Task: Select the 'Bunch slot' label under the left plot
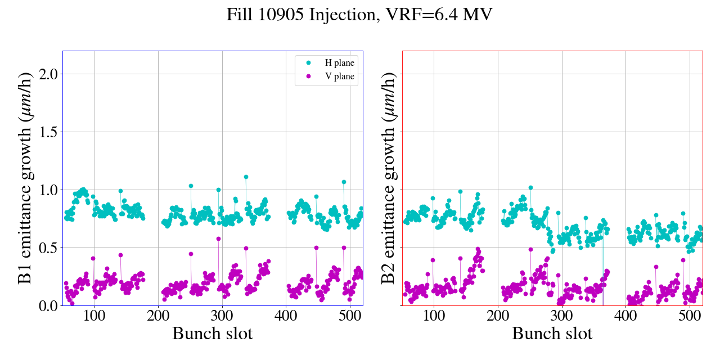click(213, 334)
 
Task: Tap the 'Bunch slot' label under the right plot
click(552, 334)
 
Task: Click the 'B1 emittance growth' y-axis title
click(25, 178)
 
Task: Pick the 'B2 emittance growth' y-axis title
click(388, 178)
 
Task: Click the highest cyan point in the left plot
click(246, 177)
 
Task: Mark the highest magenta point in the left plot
click(218, 238)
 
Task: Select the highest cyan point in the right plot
click(530, 187)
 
